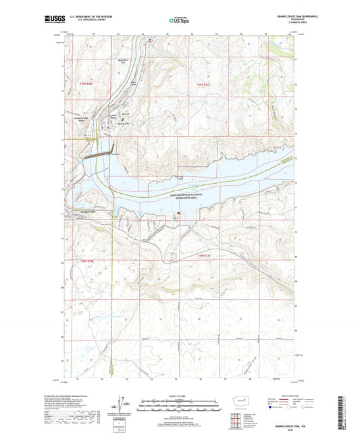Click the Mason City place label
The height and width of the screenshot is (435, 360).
(123, 124)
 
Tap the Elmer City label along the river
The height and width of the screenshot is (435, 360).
(134, 84)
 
